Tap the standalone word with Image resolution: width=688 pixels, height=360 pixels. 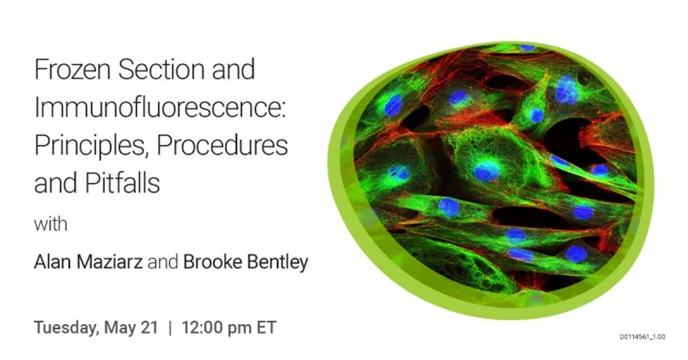coord(51,225)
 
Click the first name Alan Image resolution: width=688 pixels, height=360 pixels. coord(55,263)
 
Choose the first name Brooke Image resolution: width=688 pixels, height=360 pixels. coord(211,263)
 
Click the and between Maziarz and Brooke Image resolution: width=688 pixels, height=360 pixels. coord(164,263)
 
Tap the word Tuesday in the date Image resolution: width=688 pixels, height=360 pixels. coord(66,328)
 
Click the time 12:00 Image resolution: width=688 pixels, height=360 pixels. coord(201,328)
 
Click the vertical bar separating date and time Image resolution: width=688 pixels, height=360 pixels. coord(169,328)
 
